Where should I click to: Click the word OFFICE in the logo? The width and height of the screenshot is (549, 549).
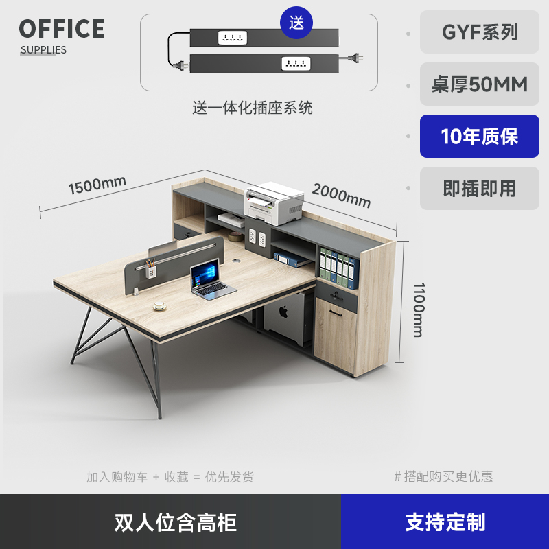[62, 29]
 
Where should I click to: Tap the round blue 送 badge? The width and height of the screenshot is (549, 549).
[296, 22]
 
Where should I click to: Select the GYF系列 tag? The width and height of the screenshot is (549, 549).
[480, 32]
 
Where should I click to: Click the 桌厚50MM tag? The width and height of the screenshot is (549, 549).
[480, 84]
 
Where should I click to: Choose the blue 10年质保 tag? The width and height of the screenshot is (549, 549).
[480, 137]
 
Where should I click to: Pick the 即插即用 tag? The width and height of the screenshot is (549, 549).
[480, 189]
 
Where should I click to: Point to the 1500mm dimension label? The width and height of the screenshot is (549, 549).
[97, 185]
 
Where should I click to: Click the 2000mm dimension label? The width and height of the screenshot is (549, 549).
[341, 196]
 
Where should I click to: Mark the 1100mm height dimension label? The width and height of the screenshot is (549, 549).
[417, 309]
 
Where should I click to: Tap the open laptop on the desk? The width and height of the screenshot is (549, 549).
[210, 281]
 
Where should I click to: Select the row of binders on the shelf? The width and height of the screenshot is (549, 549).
[338, 266]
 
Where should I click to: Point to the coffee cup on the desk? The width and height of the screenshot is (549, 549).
[161, 305]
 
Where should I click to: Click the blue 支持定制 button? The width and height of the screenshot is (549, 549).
[445, 522]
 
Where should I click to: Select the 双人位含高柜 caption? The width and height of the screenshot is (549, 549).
[176, 522]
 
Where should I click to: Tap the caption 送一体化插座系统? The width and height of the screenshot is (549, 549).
[252, 108]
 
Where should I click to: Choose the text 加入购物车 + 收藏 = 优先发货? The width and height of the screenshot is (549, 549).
[170, 477]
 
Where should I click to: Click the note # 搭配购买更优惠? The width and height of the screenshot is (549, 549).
[443, 476]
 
